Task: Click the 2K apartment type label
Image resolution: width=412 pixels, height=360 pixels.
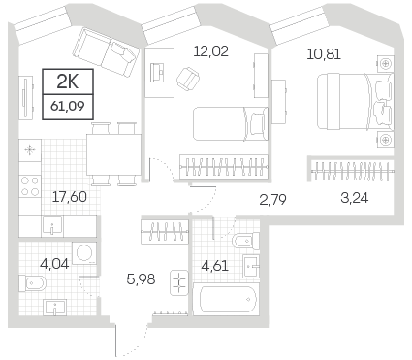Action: pyautogui.click(x=68, y=82)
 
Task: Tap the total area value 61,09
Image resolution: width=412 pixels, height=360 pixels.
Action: pyautogui.click(x=68, y=106)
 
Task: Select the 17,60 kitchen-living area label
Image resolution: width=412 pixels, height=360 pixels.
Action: pyautogui.click(x=70, y=197)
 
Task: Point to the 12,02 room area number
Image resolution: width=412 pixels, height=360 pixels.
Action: pyautogui.click(x=210, y=51)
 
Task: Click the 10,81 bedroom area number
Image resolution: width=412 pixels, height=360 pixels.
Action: pyautogui.click(x=324, y=54)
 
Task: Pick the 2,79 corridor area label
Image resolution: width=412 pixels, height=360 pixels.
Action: pyautogui.click(x=272, y=200)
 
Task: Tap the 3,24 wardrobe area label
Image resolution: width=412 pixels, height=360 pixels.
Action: pyautogui.click(x=354, y=198)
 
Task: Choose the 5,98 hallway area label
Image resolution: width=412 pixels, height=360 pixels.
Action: pyautogui.click(x=141, y=278)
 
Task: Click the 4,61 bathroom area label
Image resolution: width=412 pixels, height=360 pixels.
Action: pyautogui.click(x=214, y=266)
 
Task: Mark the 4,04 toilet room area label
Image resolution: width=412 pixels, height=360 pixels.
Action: pyautogui.click(x=54, y=264)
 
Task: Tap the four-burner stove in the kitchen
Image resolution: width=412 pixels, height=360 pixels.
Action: pyautogui.click(x=30, y=186)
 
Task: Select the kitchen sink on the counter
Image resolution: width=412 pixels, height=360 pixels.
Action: pyautogui.click(x=52, y=226)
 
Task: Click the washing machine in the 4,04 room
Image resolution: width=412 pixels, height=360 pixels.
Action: pyautogui.click(x=84, y=253)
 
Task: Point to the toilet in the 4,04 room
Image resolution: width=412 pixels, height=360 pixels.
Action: pyautogui.click(x=32, y=283)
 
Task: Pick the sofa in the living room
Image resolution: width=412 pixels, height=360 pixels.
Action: pyautogui.click(x=106, y=51)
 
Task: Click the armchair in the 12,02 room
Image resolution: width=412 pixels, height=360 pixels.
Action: pyautogui.click(x=188, y=79)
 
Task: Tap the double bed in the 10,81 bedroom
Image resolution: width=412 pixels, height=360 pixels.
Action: pyautogui.click(x=356, y=102)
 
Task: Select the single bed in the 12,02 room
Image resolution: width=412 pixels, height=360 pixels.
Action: pyautogui.click(x=231, y=124)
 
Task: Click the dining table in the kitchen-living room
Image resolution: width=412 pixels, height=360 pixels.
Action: pyautogui.click(x=113, y=155)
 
